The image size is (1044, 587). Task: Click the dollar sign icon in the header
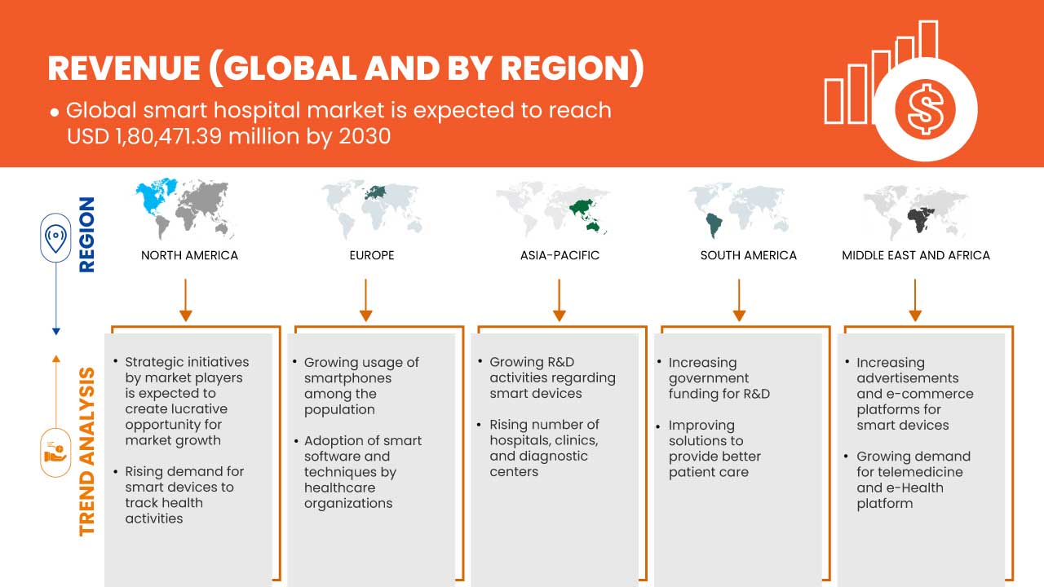925,109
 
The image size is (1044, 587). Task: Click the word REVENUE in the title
124,68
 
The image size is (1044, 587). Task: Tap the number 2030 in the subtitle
365,136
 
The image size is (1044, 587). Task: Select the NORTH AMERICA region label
190,255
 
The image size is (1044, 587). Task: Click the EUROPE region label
372,255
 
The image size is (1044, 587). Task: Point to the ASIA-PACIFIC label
560,255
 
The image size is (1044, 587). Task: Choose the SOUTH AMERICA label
749,255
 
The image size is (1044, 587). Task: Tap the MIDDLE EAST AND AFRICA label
916,255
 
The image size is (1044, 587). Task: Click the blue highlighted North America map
154,196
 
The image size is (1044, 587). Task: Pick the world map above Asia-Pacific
553,209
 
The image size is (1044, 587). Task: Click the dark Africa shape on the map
920,220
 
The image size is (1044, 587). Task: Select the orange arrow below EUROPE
366,300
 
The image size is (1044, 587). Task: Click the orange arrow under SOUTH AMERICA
739,300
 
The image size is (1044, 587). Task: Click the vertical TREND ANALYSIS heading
86,452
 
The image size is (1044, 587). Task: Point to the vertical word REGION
86,235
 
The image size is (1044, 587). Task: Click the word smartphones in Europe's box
347,378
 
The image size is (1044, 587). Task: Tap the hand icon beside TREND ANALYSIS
55,452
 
